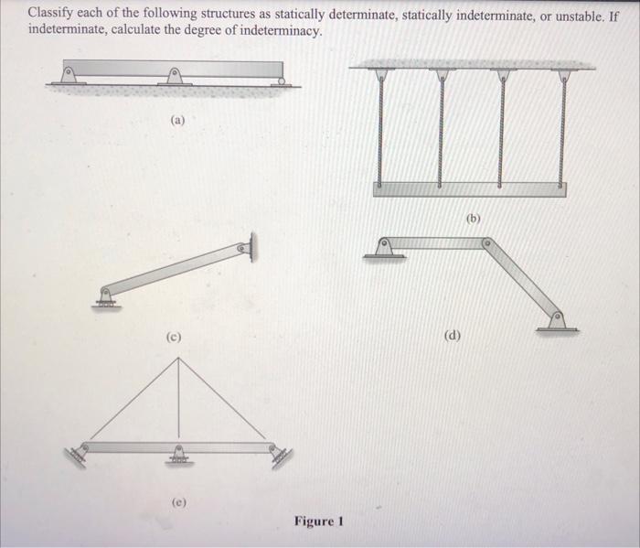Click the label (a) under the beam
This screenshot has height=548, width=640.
[177, 119]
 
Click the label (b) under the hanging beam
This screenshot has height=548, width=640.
[473, 219]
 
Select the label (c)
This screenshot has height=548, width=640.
[173, 337]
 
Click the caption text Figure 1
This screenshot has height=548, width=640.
[318, 521]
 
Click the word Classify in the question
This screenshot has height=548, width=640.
[51, 16]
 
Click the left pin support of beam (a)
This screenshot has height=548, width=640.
[69, 75]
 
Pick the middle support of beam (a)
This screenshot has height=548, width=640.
[175, 76]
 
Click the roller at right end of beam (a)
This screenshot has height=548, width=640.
[282, 81]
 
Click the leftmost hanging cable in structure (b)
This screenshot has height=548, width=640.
[380, 128]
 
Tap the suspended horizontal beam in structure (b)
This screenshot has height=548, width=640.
[469, 189]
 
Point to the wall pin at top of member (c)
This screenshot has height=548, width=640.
[245, 247]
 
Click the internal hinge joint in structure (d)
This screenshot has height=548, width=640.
[486, 243]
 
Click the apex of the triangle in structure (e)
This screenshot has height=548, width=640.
[179, 358]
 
